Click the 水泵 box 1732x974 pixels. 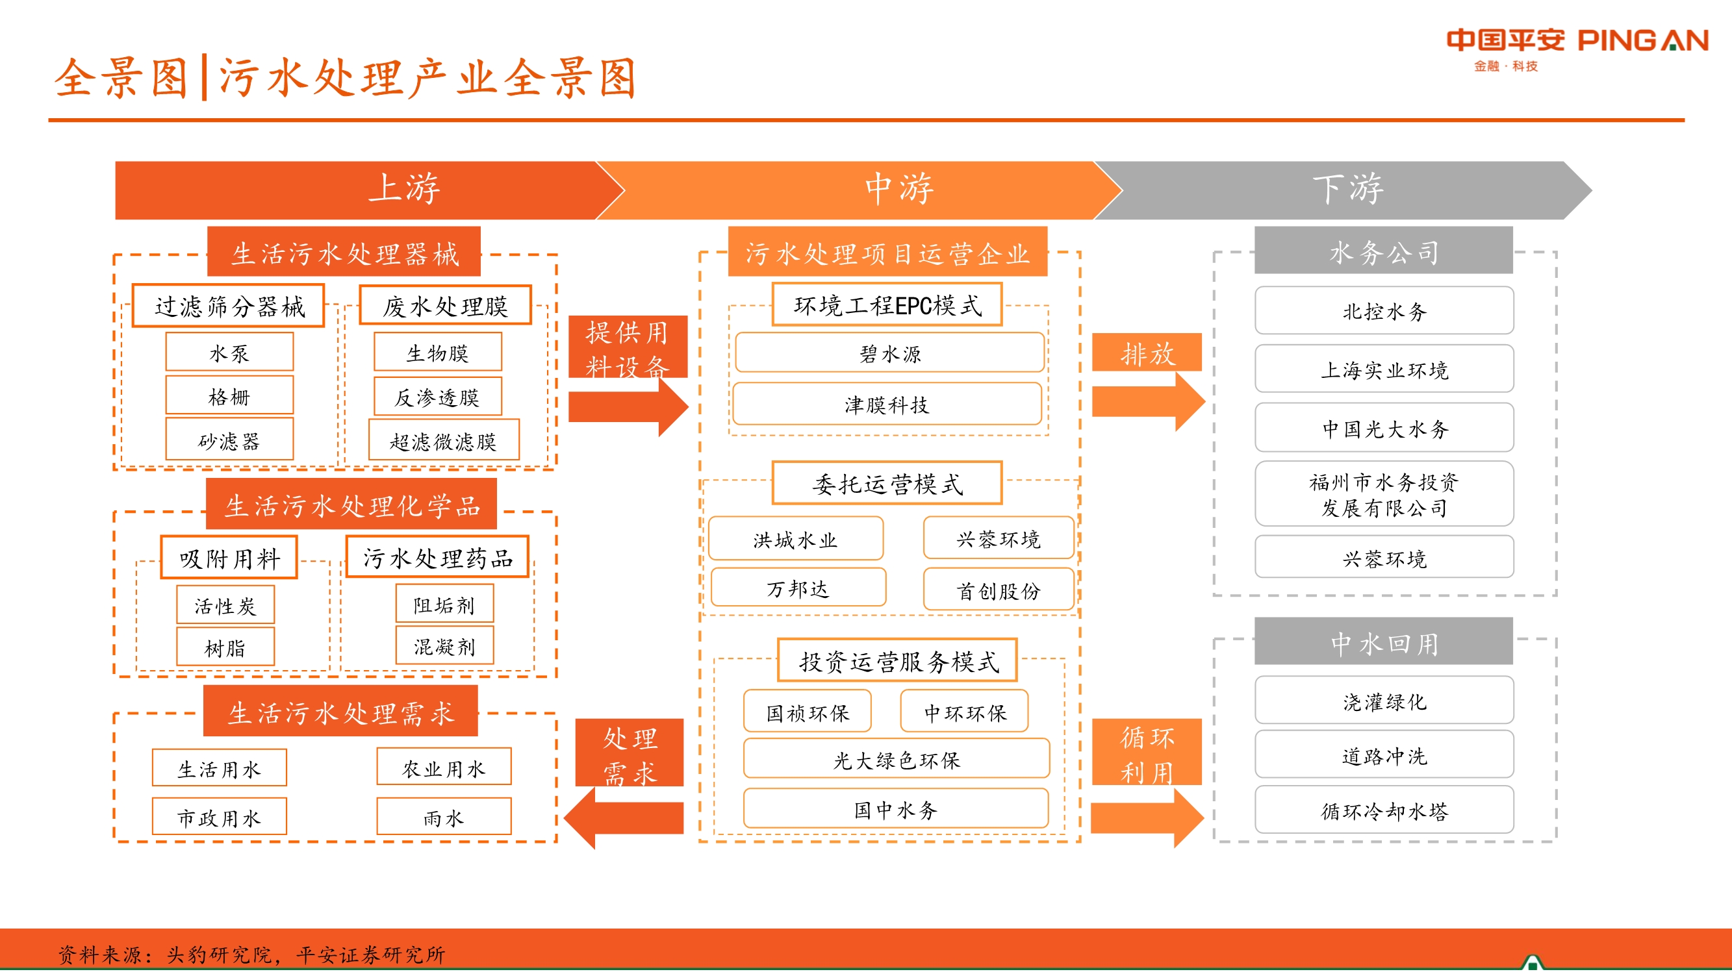[x=229, y=352]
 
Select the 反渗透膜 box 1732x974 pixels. [x=437, y=397]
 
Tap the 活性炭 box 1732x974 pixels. [x=225, y=605]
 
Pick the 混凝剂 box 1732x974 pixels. [x=444, y=646]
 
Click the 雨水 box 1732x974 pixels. [x=444, y=817]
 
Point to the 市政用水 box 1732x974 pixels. [x=219, y=817]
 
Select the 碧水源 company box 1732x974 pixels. [x=889, y=353]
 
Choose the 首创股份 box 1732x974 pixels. [x=998, y=590]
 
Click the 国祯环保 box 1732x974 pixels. [x=808, y=712]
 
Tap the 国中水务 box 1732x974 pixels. [x=896, y=809]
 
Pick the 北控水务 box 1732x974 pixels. [x=1384, y=310]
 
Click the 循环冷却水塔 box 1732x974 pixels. [x=1384, y=810]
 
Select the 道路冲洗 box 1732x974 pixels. [x=1384, y=756]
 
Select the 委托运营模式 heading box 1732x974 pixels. [x=887, y=483]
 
